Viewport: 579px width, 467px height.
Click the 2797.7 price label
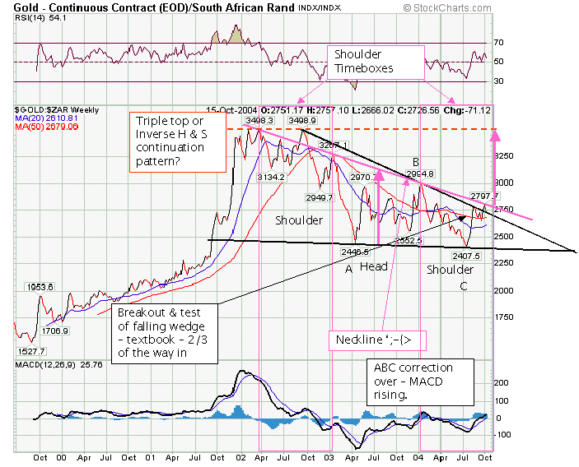[484, 196]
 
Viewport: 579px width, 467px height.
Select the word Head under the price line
[373, 266]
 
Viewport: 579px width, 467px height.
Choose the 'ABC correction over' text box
[421, 381]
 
